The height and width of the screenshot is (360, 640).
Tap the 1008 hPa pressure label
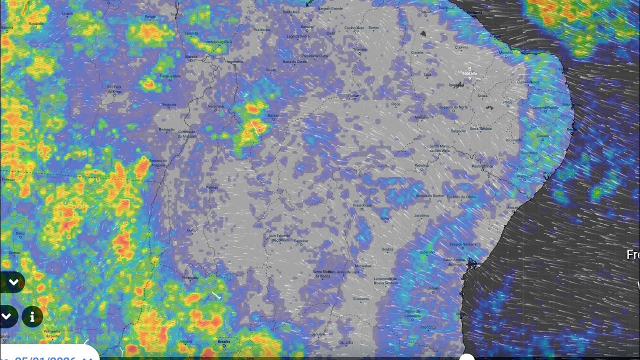(x=469, y=74)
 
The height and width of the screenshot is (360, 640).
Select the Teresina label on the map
(x=359, y=49)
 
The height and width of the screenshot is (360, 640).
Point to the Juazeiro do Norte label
(x=453, y=107)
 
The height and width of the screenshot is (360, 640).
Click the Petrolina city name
(x=421, y=165)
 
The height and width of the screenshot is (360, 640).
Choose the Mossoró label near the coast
(x=506, y=51)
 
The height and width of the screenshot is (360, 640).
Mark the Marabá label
(x=191, y=57)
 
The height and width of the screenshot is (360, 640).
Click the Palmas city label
(x=212, y=187)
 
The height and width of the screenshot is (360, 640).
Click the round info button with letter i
(x=32, y=316)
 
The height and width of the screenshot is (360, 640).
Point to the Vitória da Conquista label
(x=413, y=312)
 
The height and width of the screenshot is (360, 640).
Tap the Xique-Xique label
(x=362, y=205)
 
